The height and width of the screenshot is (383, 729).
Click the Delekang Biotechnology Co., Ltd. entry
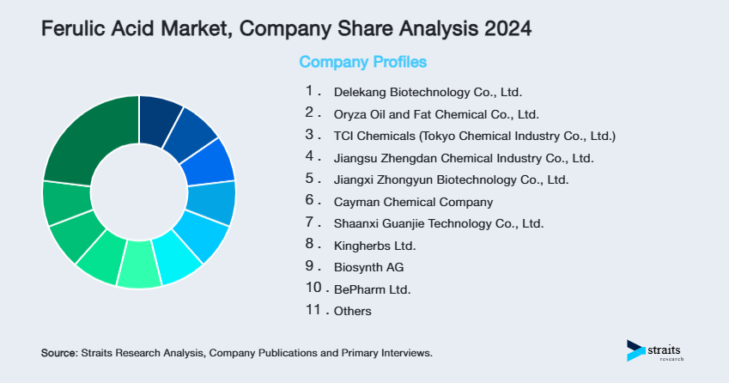coord(428,92)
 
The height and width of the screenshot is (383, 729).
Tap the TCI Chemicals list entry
coord(475,136)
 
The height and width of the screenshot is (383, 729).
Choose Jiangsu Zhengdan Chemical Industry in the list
coord(464,158)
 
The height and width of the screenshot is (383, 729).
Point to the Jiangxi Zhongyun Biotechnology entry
coord(451,180)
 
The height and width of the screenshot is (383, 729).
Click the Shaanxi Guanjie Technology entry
coord(439,224)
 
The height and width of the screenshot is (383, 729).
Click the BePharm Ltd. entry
coord(372,290)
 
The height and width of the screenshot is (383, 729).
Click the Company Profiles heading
coord(362,62)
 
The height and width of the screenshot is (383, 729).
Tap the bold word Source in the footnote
coord(58,353)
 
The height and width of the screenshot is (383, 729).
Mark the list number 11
coord(314,311)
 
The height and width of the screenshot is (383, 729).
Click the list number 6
coord(310,201)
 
